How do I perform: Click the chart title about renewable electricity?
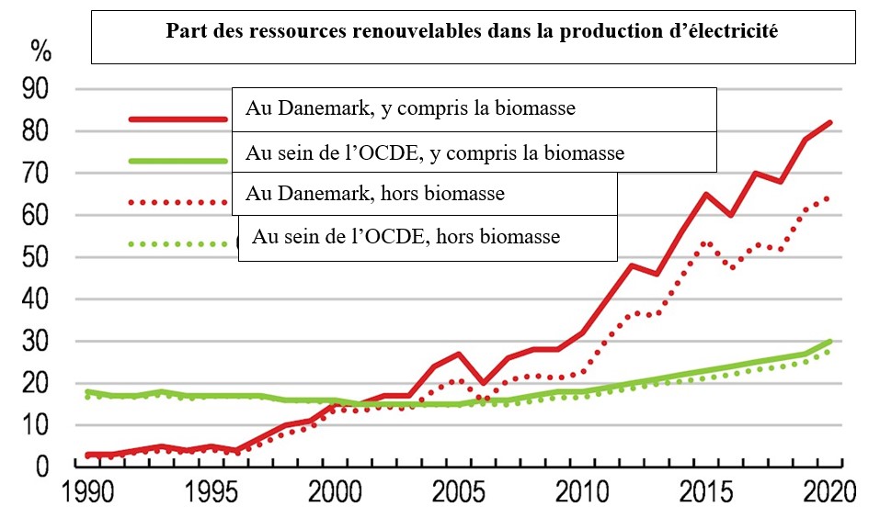pyautogui.click(x=472, y=31)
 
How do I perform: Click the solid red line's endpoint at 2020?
pyautogui.click(x=830, y=122)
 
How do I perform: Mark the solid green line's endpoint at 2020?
pyautogui.click(x=830, y=342)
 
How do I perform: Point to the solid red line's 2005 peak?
pyautogui.click(x=458, y=354)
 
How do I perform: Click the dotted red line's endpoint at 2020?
pyautogui.click(x=830, y=197)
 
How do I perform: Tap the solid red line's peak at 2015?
pyautogui.click(x=706, y=194)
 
